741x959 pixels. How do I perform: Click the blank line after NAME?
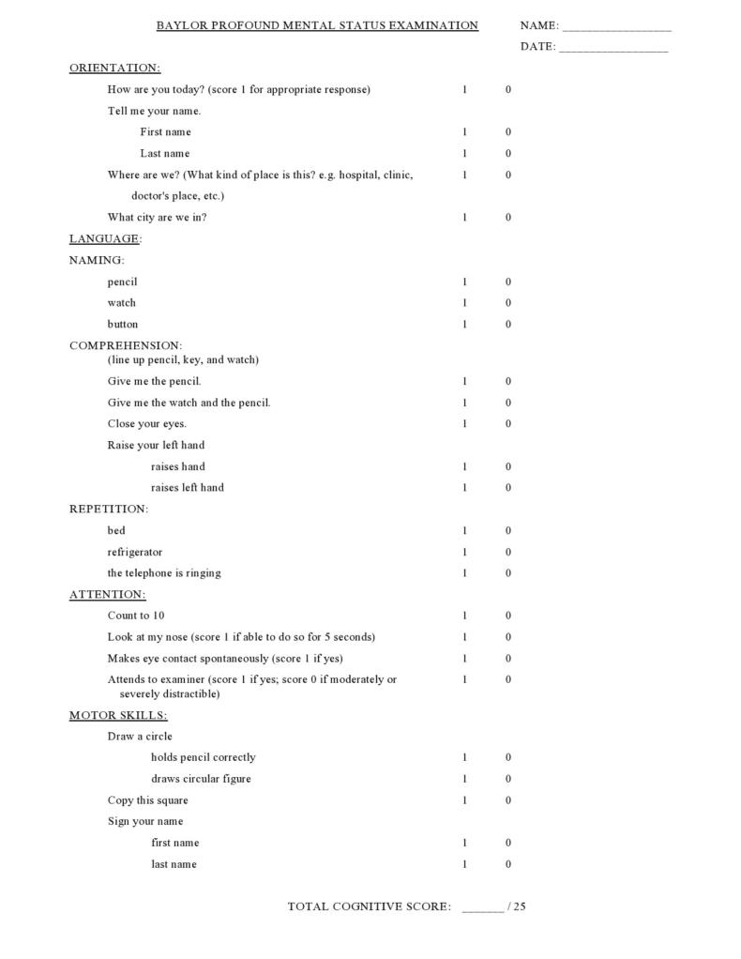[616, 27]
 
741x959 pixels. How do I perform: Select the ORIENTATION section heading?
[114, 68]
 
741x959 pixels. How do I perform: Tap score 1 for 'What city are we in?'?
[464, 218]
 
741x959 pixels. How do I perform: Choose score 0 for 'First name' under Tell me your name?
[508, 132]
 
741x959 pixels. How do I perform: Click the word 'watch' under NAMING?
[121, 303]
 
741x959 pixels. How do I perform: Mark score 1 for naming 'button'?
[464, 325]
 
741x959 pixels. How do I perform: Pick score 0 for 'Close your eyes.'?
[508, 424]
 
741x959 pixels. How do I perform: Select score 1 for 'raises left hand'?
[464, 488]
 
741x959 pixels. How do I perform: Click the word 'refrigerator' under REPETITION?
[134, 553]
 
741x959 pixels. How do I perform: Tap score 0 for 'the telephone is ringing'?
[508, 573]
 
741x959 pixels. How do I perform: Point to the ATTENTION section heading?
[107, 595]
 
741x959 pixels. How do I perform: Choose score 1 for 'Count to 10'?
[464, 616]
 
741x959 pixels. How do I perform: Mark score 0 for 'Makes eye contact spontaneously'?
[508, 659]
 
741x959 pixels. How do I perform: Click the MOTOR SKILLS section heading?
[118, 716]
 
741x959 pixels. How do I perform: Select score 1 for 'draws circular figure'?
[464, 779]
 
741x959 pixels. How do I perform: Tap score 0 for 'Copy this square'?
[508, 800]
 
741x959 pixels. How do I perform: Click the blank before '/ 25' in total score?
[482, 907]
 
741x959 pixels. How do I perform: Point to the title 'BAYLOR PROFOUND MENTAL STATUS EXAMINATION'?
[317, 26]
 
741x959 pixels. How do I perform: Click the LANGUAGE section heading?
[104, 239]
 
